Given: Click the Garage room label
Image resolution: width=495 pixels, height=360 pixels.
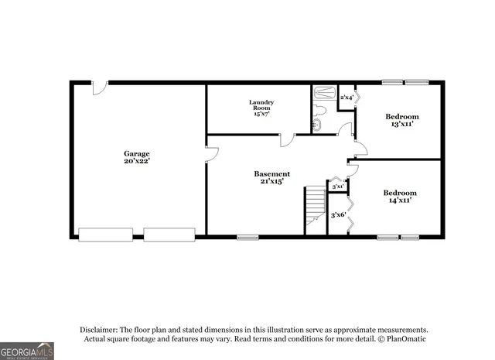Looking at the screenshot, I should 137,153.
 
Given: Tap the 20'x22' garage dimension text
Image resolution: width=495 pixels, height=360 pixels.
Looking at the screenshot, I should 137,161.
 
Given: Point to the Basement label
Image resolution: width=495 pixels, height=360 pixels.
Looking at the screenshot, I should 272,174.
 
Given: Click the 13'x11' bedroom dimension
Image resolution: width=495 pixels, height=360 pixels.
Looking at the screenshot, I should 402,124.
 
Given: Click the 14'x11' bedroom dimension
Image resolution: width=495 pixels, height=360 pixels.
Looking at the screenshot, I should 400,201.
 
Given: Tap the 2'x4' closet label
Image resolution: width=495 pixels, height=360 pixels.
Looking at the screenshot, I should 346,97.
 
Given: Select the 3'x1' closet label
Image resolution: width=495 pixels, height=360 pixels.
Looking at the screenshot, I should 337,187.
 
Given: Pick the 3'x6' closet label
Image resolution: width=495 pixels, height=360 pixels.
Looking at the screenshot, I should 337,215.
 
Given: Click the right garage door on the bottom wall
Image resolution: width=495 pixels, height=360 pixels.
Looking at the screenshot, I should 169,234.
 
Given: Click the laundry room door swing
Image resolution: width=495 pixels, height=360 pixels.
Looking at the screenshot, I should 288,140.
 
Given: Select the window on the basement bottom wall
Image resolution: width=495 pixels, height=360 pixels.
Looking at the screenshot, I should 247,237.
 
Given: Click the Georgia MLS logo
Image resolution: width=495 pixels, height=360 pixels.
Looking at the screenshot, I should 27,351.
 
